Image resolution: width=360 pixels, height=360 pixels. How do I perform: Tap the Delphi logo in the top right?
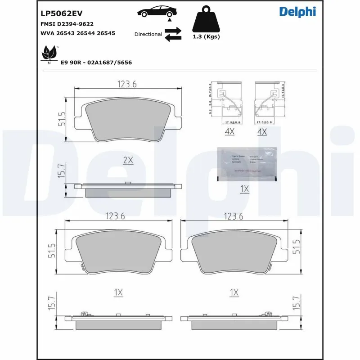point(297,12)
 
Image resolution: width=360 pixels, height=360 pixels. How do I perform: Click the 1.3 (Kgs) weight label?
point(207,37)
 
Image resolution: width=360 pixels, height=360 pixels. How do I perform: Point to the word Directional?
point(148,34)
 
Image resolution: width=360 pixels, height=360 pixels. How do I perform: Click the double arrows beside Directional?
point(173,34)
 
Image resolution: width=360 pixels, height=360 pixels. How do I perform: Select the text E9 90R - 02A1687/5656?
point(96,63)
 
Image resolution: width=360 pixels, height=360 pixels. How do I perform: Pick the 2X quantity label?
point(128,160)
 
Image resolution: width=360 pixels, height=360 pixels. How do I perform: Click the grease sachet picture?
point(247,163)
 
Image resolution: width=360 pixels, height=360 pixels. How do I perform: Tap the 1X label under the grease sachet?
point(244,189)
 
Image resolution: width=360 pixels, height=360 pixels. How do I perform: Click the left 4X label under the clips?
point(229,132)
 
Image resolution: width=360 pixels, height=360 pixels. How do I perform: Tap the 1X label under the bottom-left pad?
point(118,292)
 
